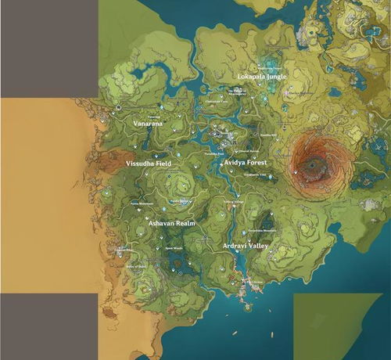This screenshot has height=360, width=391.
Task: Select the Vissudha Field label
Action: click(x=149, y=164)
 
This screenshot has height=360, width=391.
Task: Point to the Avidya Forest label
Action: click(x=246, y=162)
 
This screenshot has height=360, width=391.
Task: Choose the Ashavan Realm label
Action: click(x=171, y=223)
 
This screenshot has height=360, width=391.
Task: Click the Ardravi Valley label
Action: click(x=246, y=246)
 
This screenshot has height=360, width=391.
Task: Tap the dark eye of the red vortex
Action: click(x=314, y=164)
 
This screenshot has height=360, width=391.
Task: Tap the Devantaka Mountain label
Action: click(x=261, y=231)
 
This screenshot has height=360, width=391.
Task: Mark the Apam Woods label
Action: click(x=173, y=249)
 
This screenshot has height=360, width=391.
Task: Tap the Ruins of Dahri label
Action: click(x=136, y=266)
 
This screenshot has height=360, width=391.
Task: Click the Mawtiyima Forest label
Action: click(x=247, y=67)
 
